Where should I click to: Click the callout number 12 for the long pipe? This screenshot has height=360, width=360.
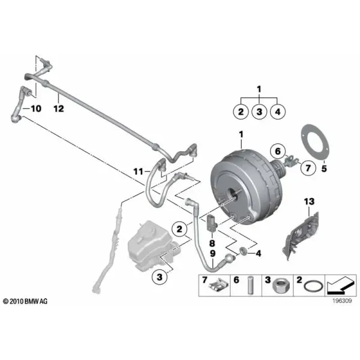(59, 109)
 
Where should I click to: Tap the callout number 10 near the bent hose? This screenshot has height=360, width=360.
(36, 109)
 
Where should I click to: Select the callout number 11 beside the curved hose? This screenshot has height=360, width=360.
(138, 171)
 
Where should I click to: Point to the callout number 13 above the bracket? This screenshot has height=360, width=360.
(309, 202)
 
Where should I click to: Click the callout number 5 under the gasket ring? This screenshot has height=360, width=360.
(324, 169)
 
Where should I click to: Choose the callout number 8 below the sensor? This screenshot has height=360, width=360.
(212, 243)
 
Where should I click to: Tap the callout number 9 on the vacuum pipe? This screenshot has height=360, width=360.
(213, 253)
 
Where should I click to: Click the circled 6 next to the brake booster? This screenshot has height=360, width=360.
(278, 151)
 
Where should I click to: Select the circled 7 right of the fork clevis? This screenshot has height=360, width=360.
(308, 167)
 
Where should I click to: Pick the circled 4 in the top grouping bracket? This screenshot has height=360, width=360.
(278, 112)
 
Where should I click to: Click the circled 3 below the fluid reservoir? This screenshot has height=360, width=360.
(160, 277)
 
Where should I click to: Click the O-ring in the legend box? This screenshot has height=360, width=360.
(313, 287)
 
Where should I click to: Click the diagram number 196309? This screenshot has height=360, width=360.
(342, 301)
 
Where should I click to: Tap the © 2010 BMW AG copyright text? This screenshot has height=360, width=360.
(25, 301)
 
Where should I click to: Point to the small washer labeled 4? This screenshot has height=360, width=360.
(243, 251)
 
